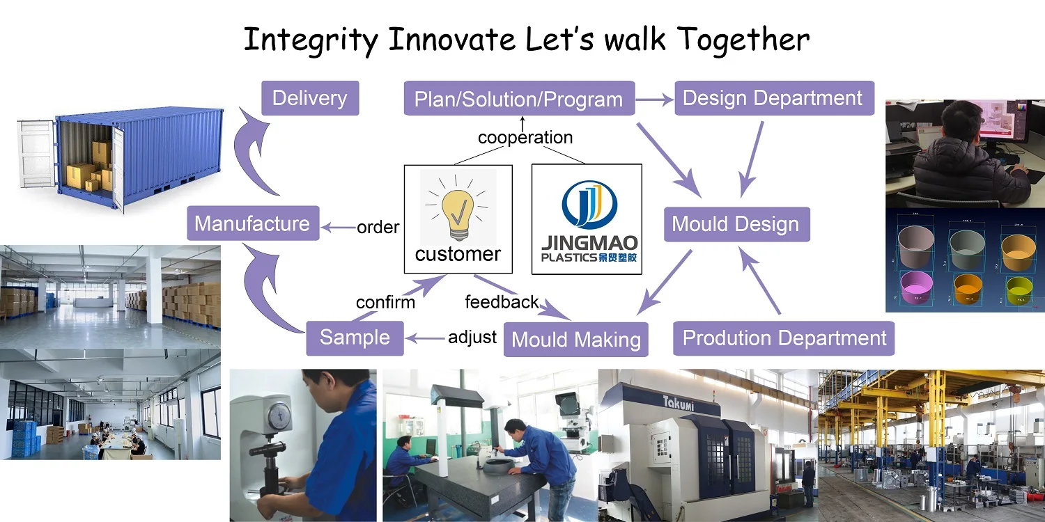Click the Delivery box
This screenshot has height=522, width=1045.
pos(310,98)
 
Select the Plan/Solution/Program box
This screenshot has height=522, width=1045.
pos(519,98)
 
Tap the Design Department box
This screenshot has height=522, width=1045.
pos(775,98)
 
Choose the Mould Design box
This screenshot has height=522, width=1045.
pos(736,224)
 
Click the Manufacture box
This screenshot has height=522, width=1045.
pos(253,223)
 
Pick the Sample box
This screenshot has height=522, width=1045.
pos(355,338)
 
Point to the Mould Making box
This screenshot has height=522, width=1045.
pos(575,340)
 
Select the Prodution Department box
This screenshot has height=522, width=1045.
pos(784,338)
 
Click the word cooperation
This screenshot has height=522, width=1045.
pos(525,138)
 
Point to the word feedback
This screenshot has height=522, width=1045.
pos(502,302)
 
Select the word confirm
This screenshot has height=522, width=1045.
pos(385,303)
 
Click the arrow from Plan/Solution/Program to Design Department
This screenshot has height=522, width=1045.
pos(655,100)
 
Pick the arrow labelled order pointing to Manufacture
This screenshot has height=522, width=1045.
pos(339,228)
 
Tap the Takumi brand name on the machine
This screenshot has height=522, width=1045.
pos(679,403)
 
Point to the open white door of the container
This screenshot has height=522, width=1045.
pos(36,153)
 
